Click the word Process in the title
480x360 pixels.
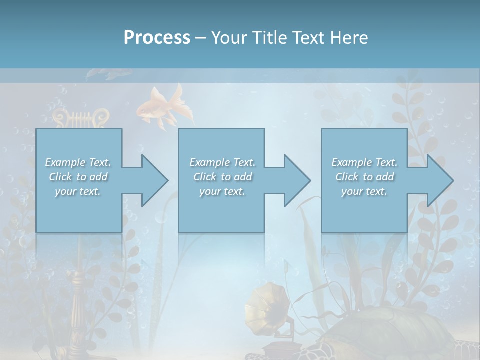[x=157, y=38]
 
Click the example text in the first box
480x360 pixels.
[x=78, y=177]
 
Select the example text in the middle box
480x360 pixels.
[x=222, y=177]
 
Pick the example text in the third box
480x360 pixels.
[x=364, y=177]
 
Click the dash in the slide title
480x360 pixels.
[x=200, y=38]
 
